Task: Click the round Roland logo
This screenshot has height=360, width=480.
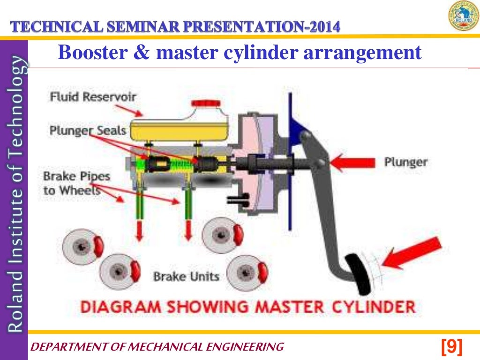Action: (463, 16)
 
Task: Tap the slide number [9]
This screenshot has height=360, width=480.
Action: (452, 347)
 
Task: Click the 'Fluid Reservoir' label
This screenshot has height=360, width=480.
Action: (93, 97)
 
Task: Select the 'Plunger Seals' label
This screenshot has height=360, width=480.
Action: (88, 130)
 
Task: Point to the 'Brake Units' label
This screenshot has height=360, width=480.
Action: (186, 277)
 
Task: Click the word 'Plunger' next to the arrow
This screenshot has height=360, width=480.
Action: (405, 162)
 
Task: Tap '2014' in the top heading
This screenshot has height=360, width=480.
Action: (323, 27)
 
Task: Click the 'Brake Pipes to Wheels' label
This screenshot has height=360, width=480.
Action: (76, 183)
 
